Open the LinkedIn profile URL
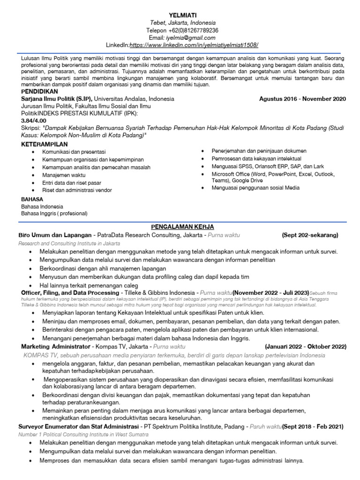coord(194,45)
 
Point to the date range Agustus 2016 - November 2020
coord(302,99)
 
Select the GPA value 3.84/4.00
coord(34,120)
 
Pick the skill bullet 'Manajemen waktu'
coord(64,174)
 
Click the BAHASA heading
coord(32,199)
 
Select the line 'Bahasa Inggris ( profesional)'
coord(54,213)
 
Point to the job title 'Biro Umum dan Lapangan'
coord(55,235)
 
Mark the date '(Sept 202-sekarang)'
coord(310,235)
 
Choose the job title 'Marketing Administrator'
coord(55,346)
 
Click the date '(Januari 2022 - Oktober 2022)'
coord(305,346)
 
